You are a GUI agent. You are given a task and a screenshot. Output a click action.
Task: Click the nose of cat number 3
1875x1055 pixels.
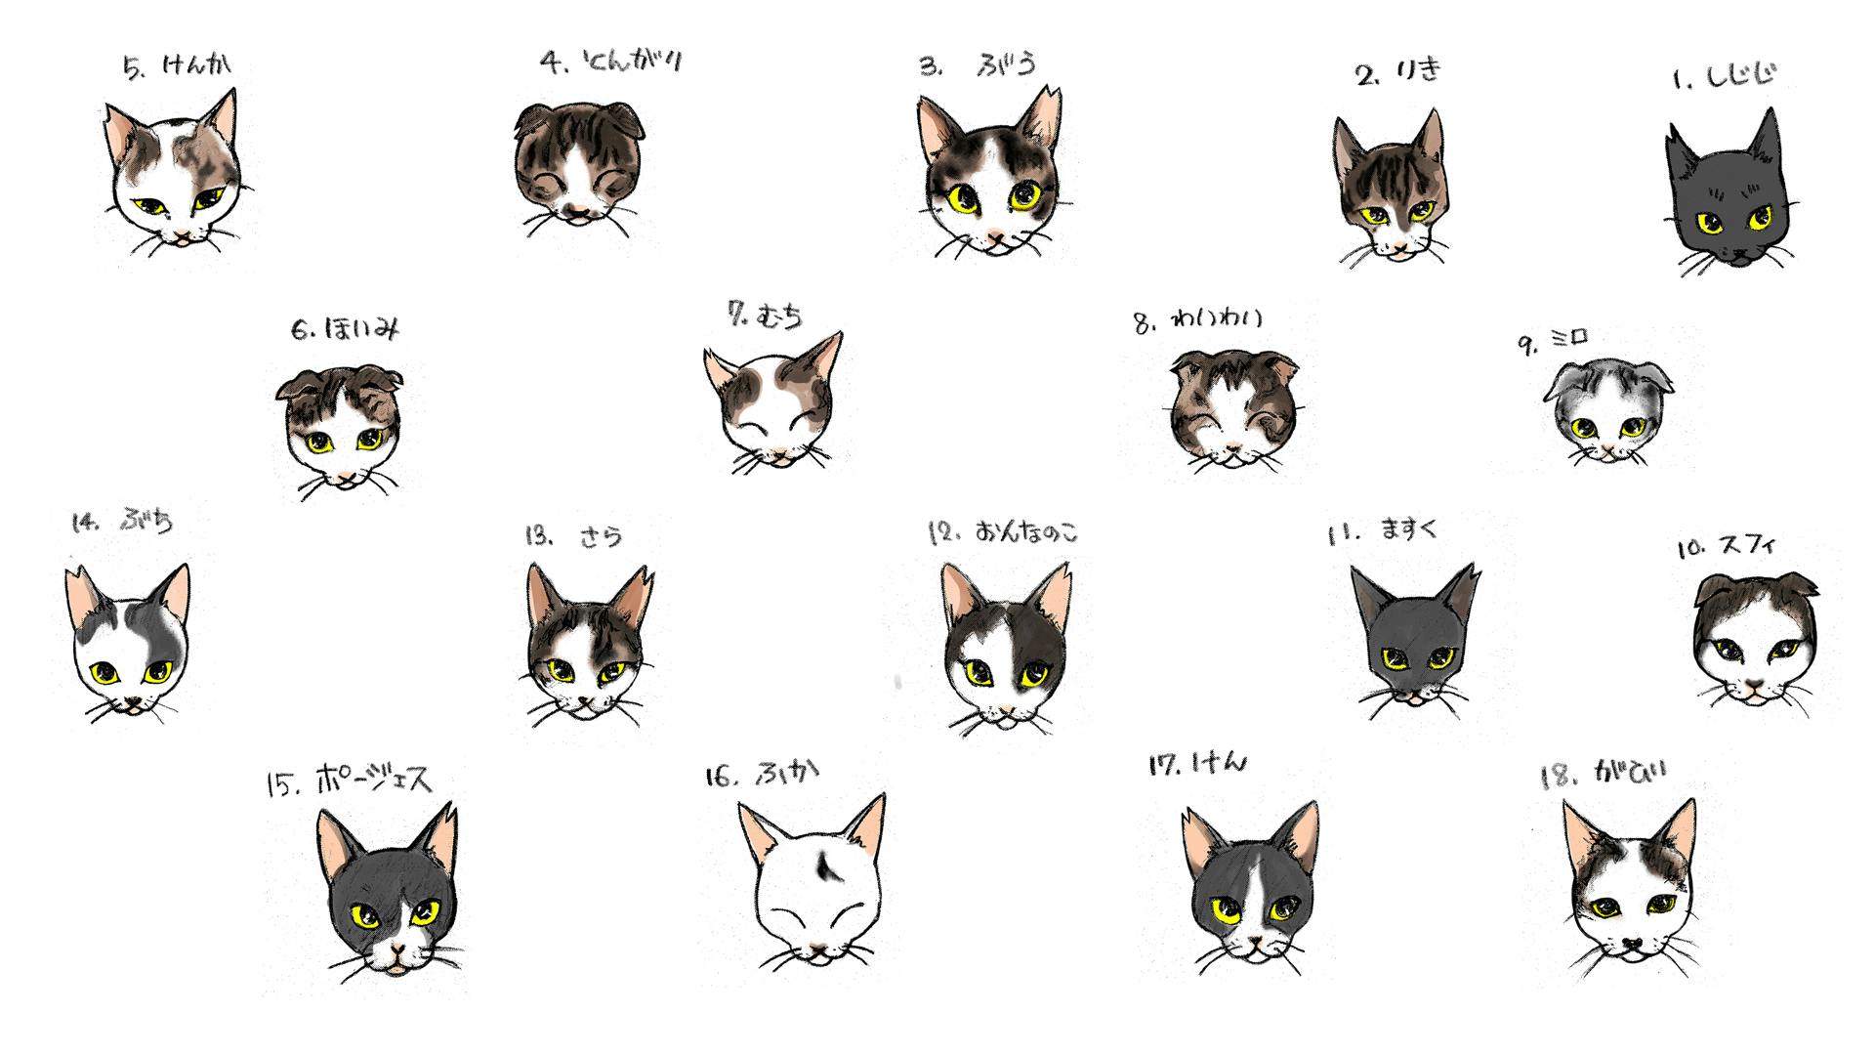[x=993, y=235]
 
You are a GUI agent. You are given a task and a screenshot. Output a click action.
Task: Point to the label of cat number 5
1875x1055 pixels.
[x=178, y=66]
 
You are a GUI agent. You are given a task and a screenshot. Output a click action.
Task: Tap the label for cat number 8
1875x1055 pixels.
[x=1198, y=320]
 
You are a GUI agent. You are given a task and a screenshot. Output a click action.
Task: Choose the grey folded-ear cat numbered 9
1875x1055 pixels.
[x=1607, y=410]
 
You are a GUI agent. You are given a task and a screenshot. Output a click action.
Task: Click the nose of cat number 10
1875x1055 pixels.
[x=1755, y=687]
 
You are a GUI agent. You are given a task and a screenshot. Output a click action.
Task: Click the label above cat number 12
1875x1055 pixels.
[x=1003, y=533]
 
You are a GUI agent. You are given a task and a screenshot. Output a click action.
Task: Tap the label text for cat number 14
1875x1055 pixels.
[x=123, y=522]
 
